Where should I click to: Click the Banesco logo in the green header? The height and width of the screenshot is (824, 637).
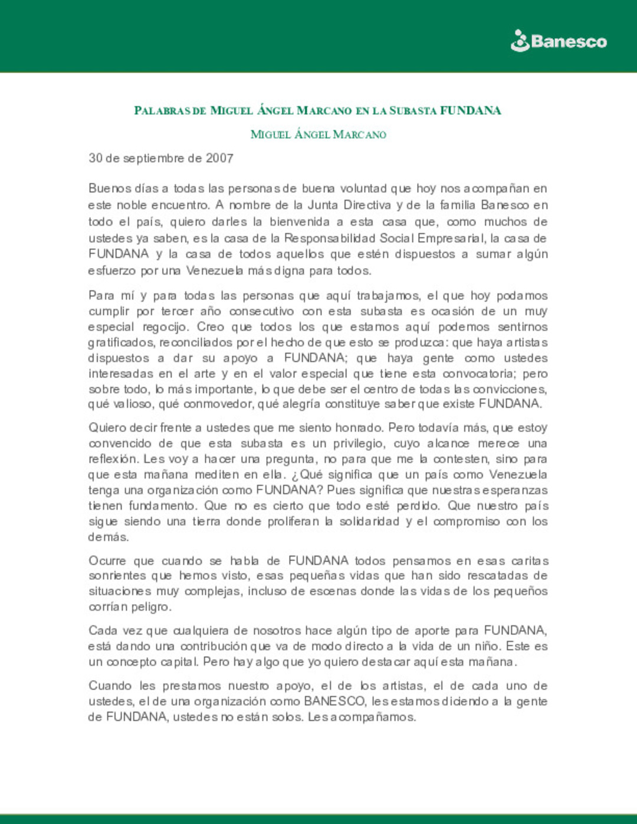coord(558,41)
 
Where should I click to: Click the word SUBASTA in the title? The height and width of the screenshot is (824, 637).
coord(412,111)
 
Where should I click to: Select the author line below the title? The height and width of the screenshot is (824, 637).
coord(318,134)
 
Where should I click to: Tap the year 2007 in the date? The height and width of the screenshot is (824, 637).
coord(219,159)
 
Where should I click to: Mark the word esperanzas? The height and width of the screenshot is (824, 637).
coord(519,490)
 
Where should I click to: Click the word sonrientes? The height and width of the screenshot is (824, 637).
coord(117,576)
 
